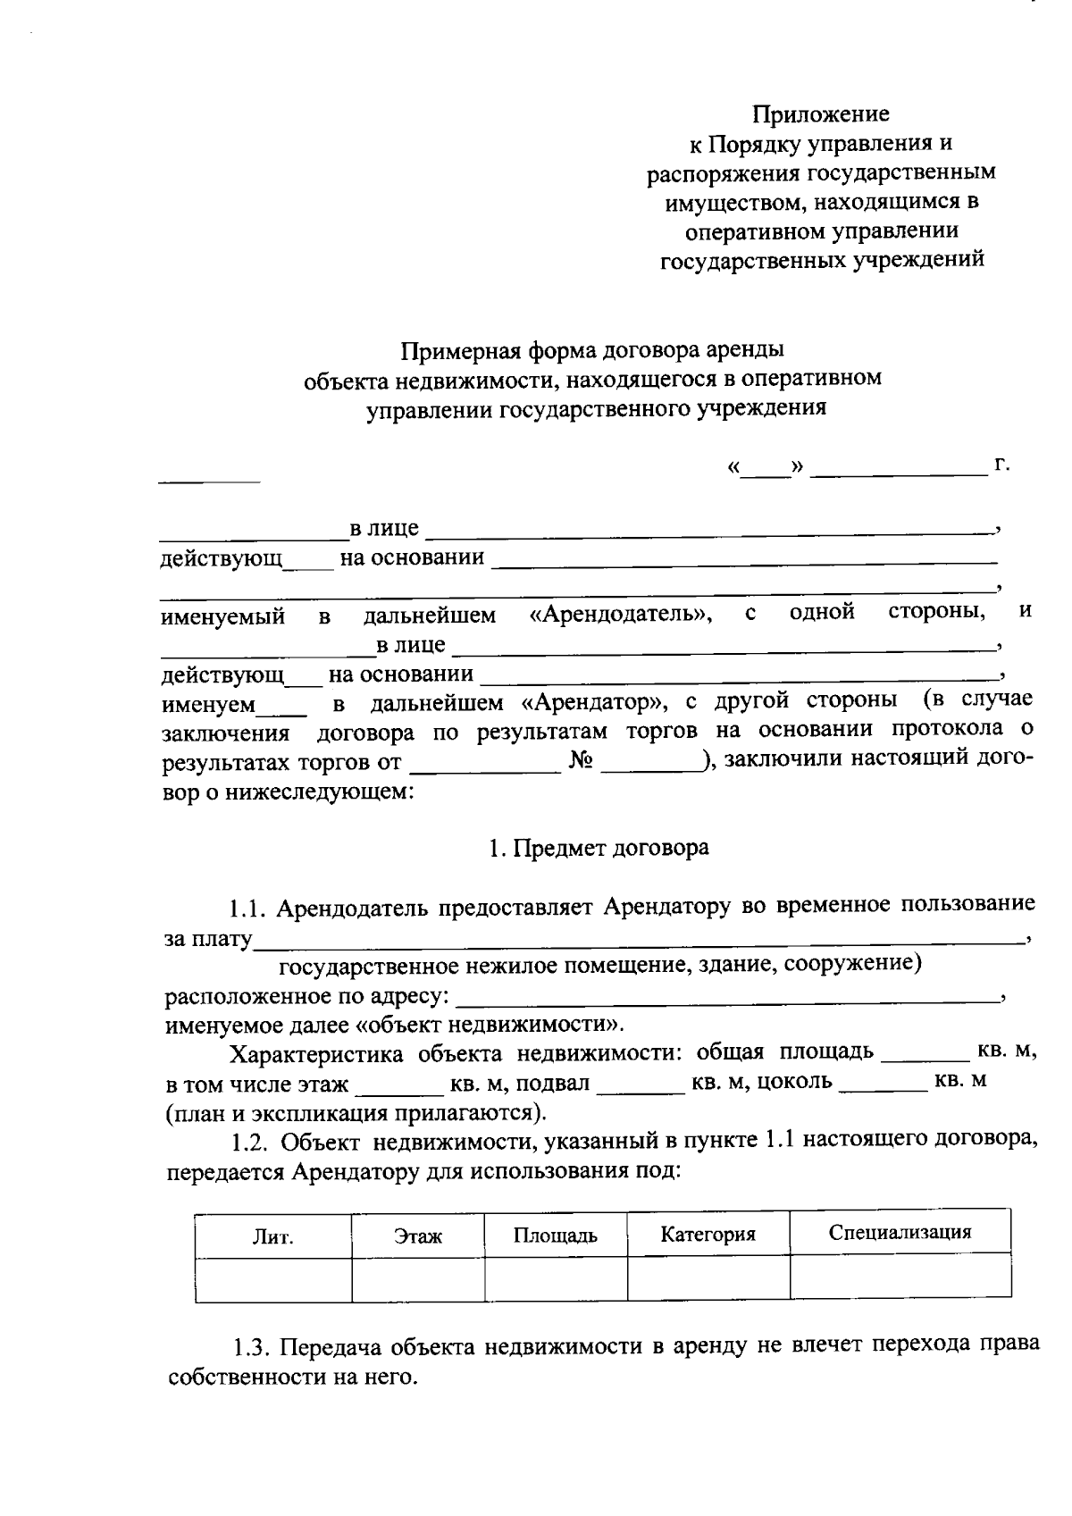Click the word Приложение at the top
820,114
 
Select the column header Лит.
273,1237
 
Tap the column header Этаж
418,1236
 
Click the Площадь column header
555,1236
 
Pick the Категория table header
708,1235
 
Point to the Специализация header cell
900,1233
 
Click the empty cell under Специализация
900,1276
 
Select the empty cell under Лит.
273,1279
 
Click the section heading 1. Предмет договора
599,848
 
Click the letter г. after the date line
1001,465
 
